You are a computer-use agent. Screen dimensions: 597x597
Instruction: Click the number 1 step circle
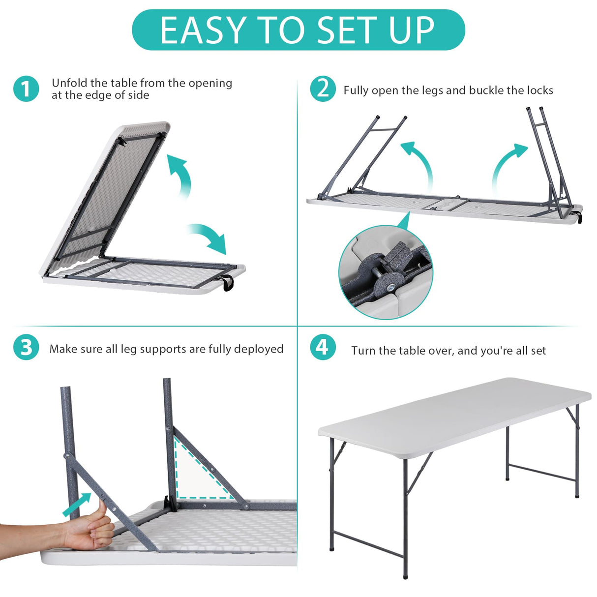pyautogui.click(x=26, y=89)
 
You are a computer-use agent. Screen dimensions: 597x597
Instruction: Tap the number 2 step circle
pyautogui.click(x=323, y=89)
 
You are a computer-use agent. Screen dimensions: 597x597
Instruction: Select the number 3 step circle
pyautogui.click(x=26, y=348)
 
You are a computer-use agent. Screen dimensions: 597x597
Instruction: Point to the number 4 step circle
pyautogui.click(x=323, y=347)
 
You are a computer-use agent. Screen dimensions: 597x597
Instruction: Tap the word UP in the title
pyautogui.click(x=411, y=30)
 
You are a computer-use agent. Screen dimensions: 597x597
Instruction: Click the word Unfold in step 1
pyautogui.click(x=69, y=83)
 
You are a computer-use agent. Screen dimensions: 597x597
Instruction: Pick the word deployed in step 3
pyautogui.click(x=259, y=349)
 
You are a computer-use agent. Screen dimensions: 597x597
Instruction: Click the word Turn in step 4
pyautogui.click(x=362, y=351)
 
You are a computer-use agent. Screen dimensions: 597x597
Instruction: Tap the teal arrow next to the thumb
pyautogui.click(x=78, y=505)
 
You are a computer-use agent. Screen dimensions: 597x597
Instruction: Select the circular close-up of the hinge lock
pyautogui.click(x=386, y=272)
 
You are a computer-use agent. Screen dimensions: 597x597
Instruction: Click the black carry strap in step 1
pyautogui.click(x=228, y=283)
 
